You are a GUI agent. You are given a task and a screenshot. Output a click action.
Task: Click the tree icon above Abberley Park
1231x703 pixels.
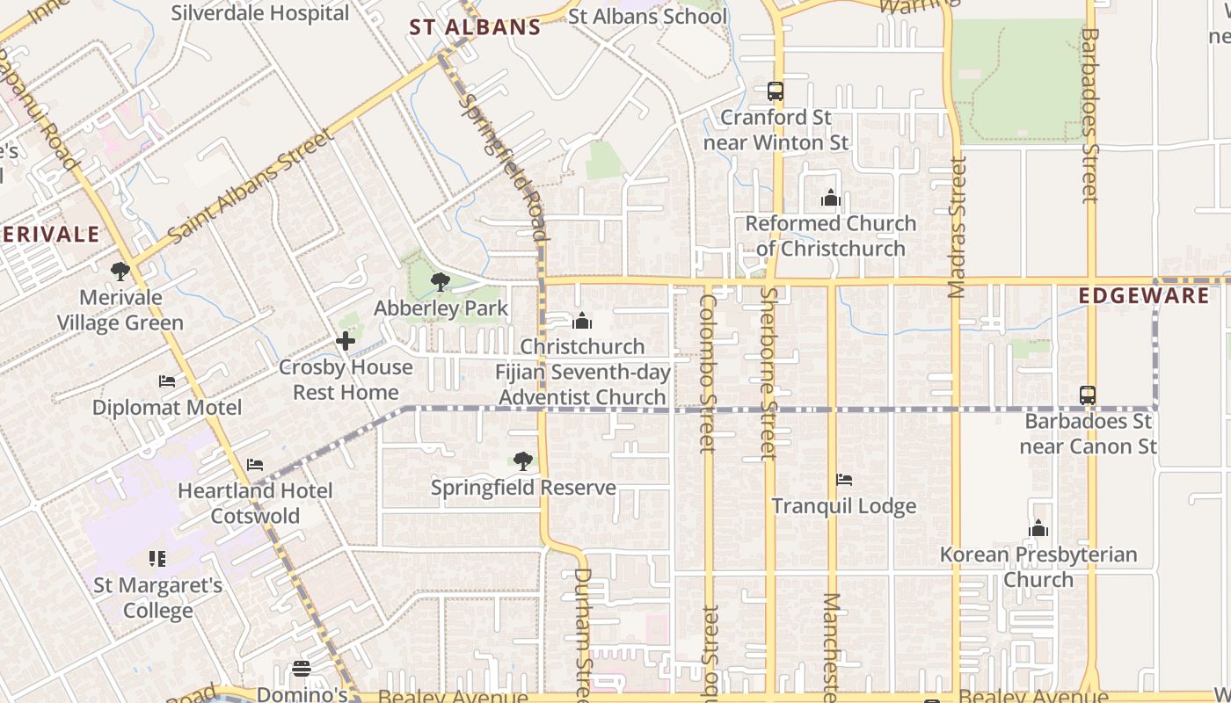pos(441,282)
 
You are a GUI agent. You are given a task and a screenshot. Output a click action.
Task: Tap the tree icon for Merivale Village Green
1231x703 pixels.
pos(120,272)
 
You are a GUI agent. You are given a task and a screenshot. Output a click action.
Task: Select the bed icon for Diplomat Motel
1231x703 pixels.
pos(167,381)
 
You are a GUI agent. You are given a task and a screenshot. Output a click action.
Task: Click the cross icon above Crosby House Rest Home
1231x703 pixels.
pos(346,341)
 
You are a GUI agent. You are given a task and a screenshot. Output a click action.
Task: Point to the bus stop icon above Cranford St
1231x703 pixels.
pos(775,91)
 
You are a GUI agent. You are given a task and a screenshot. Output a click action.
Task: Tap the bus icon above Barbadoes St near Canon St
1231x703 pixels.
pos(1088,395)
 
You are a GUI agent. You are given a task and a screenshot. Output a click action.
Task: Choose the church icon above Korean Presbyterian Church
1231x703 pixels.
pos(1038,528)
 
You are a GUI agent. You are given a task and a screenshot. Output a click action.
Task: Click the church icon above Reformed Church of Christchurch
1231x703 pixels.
pos(831,198)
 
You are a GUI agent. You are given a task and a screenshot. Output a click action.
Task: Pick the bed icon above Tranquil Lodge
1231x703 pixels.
pos(843,480)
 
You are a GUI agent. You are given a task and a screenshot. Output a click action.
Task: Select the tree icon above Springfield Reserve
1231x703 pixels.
pos(523,461)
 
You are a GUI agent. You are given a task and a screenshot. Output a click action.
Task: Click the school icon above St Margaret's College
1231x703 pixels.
pos(157,559)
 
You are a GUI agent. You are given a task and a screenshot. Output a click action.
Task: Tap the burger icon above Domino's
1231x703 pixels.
pos(302,669)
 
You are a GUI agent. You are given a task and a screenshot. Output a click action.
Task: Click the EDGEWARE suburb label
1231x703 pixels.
pos(1144,295)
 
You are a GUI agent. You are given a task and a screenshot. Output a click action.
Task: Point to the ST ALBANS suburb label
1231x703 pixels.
pos(475,27)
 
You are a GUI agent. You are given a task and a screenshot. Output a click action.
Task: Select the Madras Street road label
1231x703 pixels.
pos(958,227)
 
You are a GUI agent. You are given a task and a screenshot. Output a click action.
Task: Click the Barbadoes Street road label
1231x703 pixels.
pos(1089,114)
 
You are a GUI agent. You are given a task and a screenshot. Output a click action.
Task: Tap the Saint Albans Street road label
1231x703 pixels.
pos(251,186)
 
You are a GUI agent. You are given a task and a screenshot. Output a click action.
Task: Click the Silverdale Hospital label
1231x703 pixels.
pos(260,13)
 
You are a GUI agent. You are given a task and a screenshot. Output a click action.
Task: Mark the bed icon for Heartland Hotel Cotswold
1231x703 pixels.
pos(255,464)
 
